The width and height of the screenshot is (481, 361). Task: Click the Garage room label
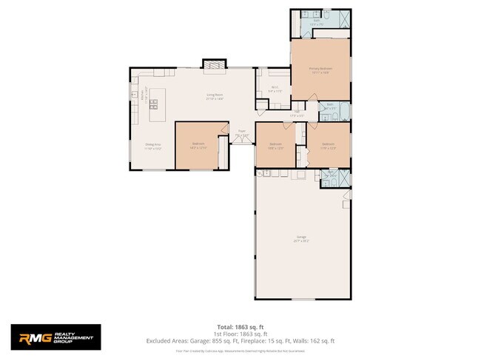(x=301, y=238)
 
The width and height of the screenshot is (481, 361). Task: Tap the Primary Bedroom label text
(x=320, y=70)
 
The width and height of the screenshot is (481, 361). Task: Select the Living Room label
(x=215, y=96)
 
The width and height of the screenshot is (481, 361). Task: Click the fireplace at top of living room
(x=214, y=65)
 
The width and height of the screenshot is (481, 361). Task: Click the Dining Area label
(x=153, y=146)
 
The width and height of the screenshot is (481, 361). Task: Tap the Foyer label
(x=242, y=133)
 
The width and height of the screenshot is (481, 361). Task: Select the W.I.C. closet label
(x=274, y=90)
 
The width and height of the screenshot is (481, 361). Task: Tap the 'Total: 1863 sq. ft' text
(x=240, y=326)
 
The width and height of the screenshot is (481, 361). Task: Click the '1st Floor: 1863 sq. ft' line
(x=240, y=334)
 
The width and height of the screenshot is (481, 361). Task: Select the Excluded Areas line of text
(x=240, y=341)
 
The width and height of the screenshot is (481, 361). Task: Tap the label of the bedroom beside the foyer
(x=198, y=145)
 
